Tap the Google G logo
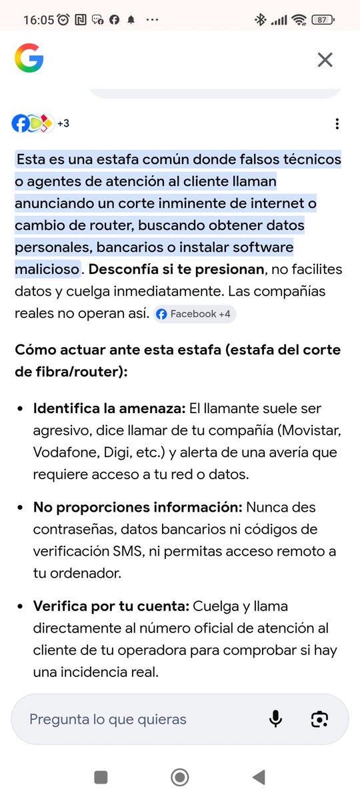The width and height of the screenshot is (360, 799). (29, 59)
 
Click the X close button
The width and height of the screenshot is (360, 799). (325, 60)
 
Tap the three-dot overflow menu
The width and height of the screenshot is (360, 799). (337, 124)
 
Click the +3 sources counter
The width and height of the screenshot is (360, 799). (63, 123)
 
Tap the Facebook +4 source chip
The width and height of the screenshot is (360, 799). (194, 314)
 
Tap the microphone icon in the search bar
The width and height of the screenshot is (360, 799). (275, 719)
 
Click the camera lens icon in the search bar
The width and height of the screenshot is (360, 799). (320, 719)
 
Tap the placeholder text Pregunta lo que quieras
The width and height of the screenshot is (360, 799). (108, 719)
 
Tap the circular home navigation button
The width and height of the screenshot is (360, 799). (179, 777)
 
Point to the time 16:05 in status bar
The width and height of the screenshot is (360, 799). (38, 20)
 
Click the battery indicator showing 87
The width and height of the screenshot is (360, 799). (323, 20)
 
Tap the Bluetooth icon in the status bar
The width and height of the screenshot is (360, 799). (260, 20)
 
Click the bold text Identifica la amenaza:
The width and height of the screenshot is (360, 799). (110, 408)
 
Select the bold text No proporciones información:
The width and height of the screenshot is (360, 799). (137, 507)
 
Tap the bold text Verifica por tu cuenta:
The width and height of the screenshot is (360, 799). (111, 606)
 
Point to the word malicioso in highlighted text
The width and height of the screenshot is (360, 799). (47, 269)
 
